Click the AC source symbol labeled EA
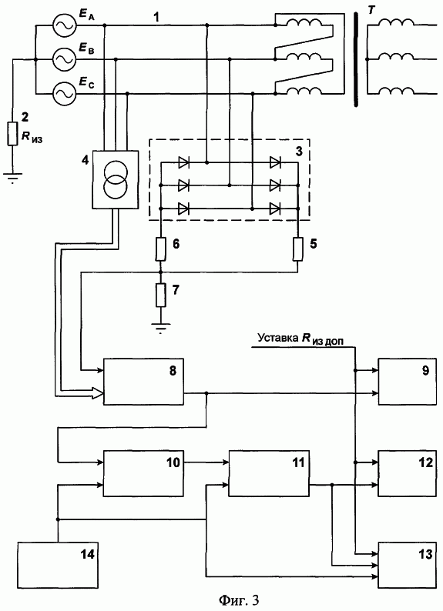pyautogui.click(x=64, y=25)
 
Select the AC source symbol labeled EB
pyautogui.click(x=64, y=59)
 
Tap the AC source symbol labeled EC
pyautogui.click(x=64, y=94)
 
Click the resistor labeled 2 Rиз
pyautogui.click(x=13, y=134)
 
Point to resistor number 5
pyautogui.click(x=298, y=249)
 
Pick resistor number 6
pyautogui.click(x=161, y=249)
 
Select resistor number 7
pyautogui.click(x=161, y=295)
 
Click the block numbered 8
pyautogui.click(x=143, y=382)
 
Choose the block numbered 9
pyautogui.click(x=407, y=382)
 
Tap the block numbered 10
pyautogui.click(x=143, y=473)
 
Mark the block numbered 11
pyautogui.click(x=269, y=473)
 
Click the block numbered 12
pyautogui.click(x=407, y=473)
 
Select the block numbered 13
pyautogui.click(x=407, y=565)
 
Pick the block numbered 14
pyautogui.click(x=58, y=565)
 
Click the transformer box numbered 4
pyautogui.click(x=115, y=179)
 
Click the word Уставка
pyautogui.click(x=277, y=338)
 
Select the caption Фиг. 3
pyautogui.click(x=239, y=600)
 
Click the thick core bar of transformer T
pyautogui.click(x=356, y=59)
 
